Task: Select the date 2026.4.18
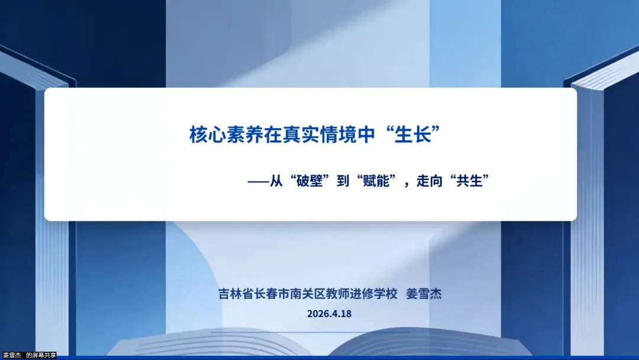[330, 314]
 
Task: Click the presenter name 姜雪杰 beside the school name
[424, 294]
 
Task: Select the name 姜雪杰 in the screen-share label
[12, 355]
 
